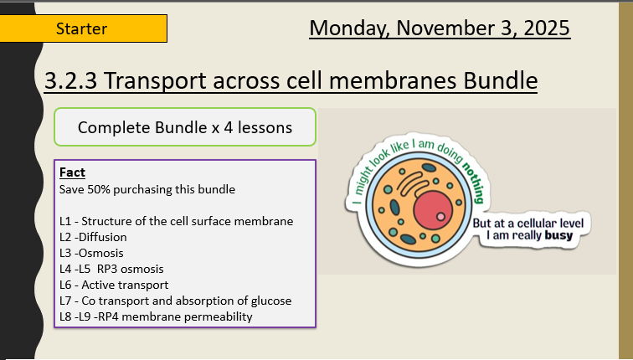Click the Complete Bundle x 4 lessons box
(184, 127)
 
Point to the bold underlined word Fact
(72, 172)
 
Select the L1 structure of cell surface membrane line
(176, 221)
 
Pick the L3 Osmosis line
(91, 253)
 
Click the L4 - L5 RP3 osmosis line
(111, 269)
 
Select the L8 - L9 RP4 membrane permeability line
(156, 316)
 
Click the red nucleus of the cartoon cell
(432, 208)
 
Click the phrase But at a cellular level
(533, 223)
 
